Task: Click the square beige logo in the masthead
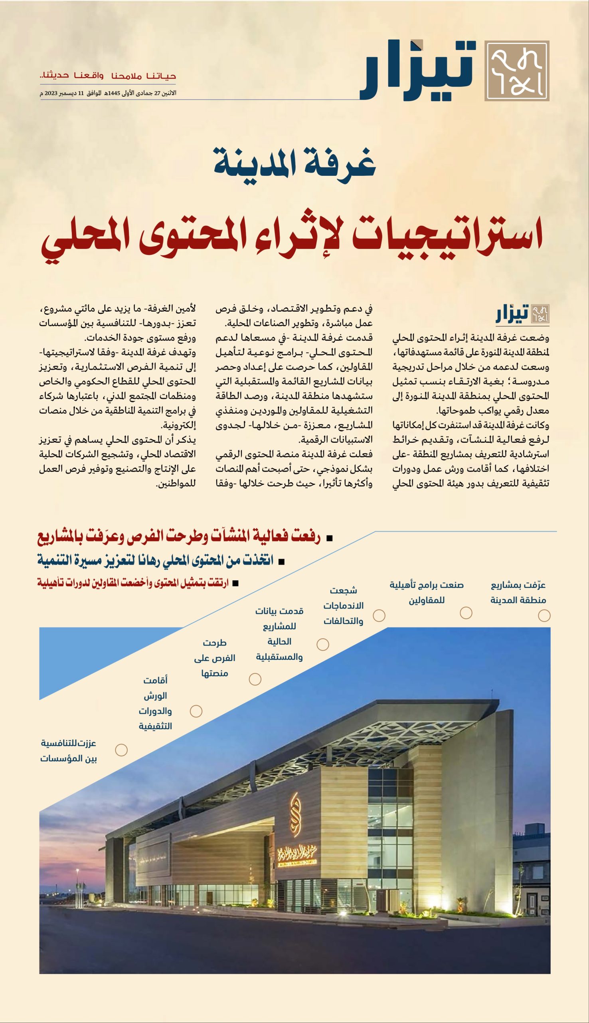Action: (x=517, y=70)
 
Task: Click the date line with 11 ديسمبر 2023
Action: (x=108, y=93)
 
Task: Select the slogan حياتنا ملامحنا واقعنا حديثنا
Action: (x=108, y=76)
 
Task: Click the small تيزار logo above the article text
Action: (x=522, y=314)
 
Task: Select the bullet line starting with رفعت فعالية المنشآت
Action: (x=180, y=537)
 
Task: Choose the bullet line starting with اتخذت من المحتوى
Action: (x=156, y=560)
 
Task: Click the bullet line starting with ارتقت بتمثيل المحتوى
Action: (x=134, y=583)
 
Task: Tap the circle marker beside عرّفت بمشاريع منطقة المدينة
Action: (x=544, y=616)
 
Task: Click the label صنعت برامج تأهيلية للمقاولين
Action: (x=426, y=592)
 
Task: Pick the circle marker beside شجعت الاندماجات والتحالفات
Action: (x=379, y=615)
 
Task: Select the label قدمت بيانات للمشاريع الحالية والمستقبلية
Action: (x=279, y=633)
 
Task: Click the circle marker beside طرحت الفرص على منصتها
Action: (x=255, y=679)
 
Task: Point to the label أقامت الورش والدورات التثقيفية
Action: (x=155, y=703)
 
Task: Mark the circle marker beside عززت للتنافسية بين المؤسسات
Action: (x=121, y=750)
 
